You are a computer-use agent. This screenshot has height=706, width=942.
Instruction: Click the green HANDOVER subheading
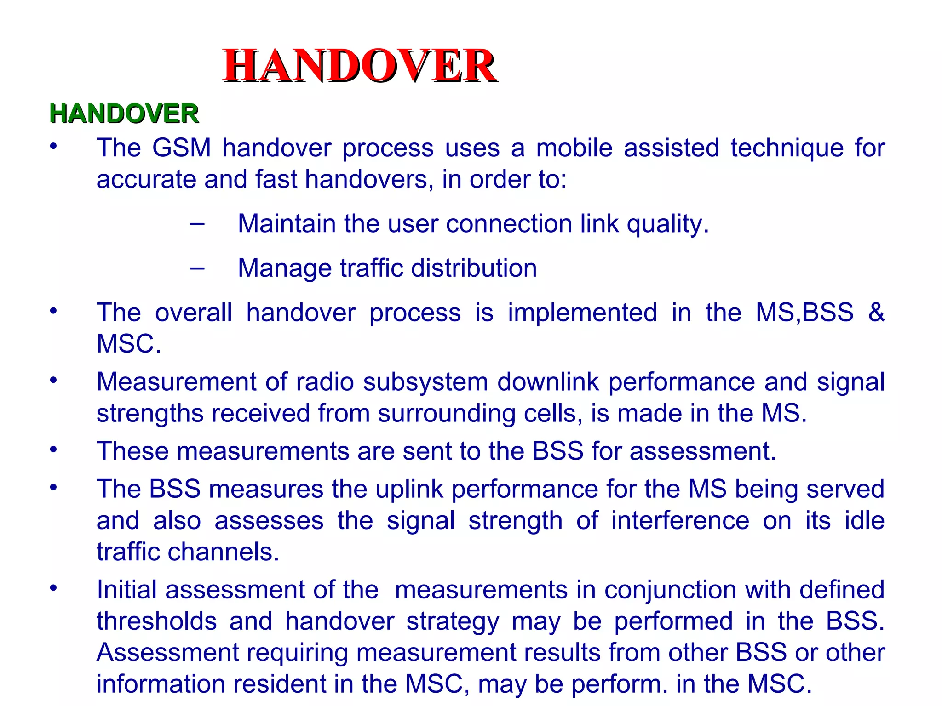124,114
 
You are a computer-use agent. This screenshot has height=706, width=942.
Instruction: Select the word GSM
181,148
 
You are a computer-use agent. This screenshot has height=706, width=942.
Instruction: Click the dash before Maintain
197,224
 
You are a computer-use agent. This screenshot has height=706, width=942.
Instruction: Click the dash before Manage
197,268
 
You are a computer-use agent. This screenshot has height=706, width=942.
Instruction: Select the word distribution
474,268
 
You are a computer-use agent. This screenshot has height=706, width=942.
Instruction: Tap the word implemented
582,313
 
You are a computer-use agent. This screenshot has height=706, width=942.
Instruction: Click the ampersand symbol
876,313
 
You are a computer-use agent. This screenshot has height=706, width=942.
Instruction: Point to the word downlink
548,382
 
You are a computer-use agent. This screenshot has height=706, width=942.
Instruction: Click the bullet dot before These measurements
54,450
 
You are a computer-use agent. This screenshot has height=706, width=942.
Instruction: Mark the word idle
864,520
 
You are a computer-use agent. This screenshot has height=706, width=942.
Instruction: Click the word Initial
127,590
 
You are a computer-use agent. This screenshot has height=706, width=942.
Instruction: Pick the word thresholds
157,621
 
